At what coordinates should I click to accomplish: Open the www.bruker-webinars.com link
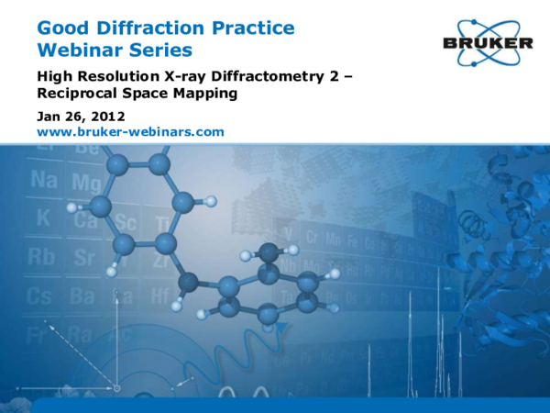coord(130,132)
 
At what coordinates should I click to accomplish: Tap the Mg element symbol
coord(85,184)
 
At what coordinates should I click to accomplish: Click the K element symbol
coord(42,219)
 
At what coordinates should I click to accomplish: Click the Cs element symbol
coord(40,296)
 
